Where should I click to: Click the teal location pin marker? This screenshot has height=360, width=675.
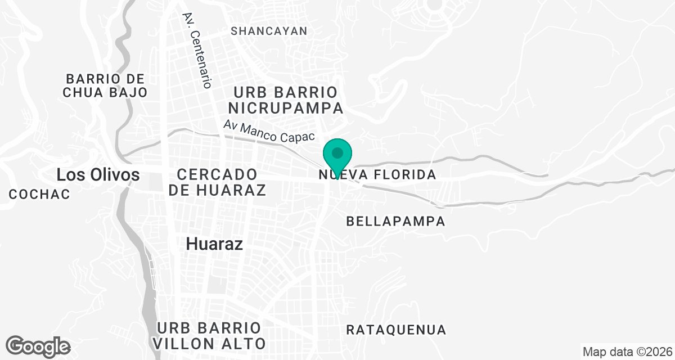tap(337, 158)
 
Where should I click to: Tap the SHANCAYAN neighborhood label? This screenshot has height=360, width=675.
tap(269, 31)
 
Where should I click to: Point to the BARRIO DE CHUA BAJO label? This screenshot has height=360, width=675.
tap(105, 85)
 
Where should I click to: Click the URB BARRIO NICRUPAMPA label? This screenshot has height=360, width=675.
tap(287, 100)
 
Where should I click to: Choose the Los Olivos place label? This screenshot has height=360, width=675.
tap(98, 175)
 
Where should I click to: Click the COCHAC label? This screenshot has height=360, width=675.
tap(39, 195)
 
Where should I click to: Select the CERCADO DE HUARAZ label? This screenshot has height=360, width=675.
tap(217, 182)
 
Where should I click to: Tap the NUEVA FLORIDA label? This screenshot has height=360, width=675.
tap(378, 175)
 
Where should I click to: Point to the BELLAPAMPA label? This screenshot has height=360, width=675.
tap(396, 222)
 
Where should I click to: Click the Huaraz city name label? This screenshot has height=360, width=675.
tap(214, 244)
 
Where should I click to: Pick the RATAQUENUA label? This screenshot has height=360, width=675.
tap(396, 330)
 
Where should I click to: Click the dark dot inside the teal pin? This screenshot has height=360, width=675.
tap(337, 152)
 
